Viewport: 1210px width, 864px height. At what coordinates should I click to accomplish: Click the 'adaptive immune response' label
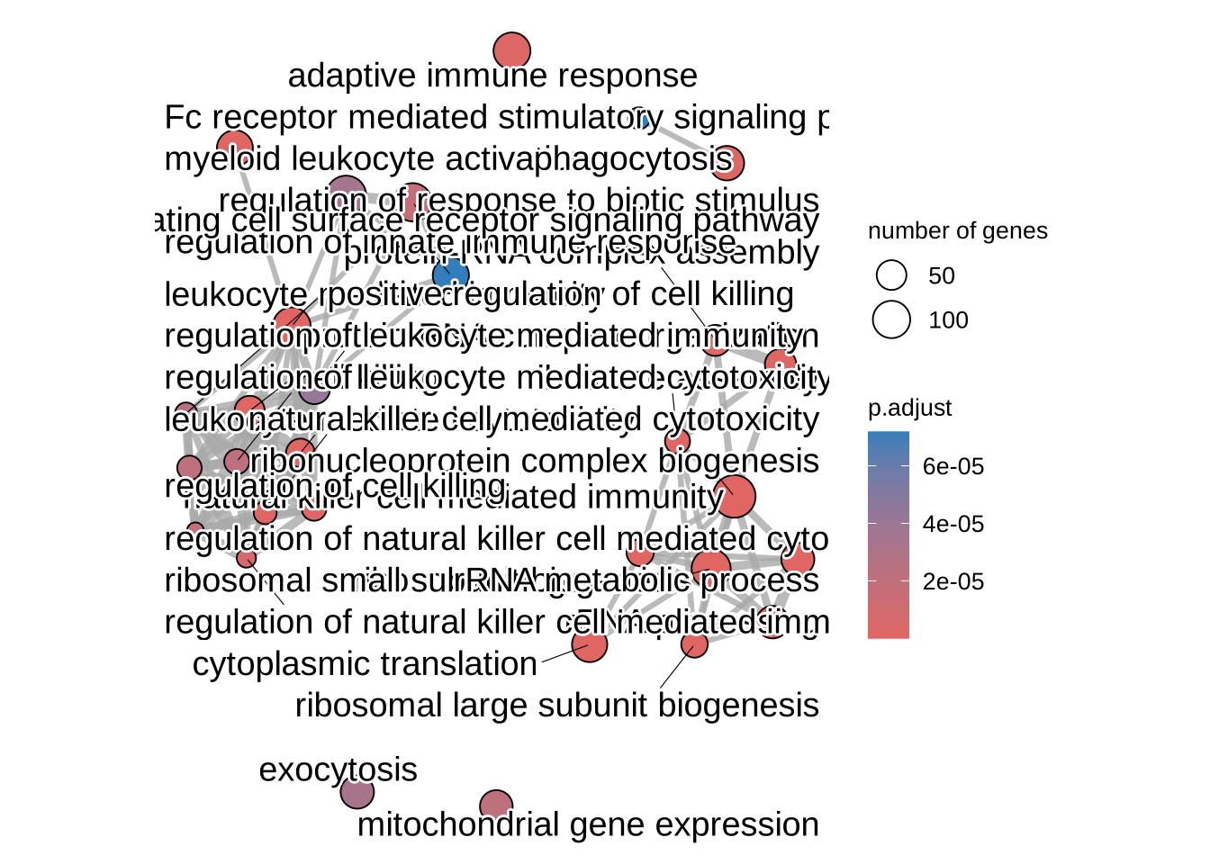[492, 76]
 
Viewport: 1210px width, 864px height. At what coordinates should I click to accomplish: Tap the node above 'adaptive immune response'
[512, 51]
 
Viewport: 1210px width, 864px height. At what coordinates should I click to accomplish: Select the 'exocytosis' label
[338, 770]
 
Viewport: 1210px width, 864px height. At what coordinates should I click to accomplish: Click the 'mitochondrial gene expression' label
[588, 824]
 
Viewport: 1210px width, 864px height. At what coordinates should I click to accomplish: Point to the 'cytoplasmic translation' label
[365, 664]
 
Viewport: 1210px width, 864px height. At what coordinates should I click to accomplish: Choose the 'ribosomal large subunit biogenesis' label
[556, 706]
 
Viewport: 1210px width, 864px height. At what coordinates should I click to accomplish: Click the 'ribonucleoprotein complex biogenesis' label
[535, 461]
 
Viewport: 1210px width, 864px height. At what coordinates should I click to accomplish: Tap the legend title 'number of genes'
[957, 231]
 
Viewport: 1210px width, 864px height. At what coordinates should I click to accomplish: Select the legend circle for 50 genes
[891, 275]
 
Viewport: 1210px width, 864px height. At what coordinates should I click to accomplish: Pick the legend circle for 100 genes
[891, 319]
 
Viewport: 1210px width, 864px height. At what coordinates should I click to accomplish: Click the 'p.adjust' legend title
[909, 408]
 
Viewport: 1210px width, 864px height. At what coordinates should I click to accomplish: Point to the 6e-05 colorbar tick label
[953, 466]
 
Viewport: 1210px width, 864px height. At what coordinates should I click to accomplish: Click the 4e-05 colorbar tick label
[953, 524]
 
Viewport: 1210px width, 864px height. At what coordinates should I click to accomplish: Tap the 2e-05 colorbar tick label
[953, 581]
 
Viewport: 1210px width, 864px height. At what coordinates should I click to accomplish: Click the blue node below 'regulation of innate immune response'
[450, 274]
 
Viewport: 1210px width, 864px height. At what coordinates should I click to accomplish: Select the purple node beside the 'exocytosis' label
[357, 793]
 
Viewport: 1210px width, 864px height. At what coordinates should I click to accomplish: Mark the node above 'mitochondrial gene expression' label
[496, 805]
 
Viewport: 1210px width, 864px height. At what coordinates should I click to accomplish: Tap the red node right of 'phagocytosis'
[728, 163]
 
